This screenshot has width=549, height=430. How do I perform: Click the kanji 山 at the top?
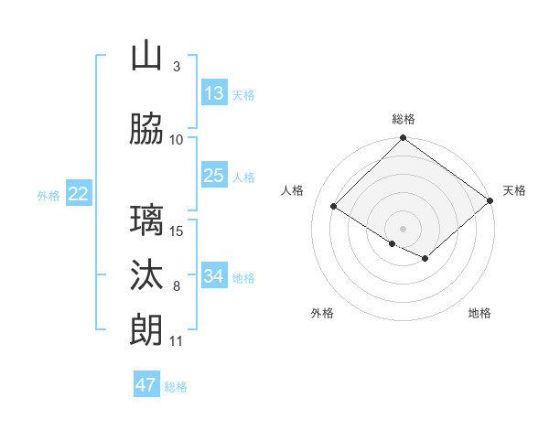coord(146,58)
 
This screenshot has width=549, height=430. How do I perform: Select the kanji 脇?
coord(146,130)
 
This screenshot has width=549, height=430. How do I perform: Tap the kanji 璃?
coord(146,220)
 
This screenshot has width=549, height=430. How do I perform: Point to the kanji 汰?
coord(146,275)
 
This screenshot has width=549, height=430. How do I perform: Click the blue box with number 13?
coord(213,93)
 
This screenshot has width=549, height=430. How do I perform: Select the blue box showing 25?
coord(213,176)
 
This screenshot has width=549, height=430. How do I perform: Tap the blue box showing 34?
coord(213,275)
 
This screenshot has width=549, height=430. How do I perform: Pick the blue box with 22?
coord(79,193)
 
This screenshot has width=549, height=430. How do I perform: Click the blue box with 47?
coord(146,385)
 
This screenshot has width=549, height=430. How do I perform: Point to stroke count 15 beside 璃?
coord(178,231)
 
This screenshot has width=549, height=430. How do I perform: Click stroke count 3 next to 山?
coord(177,67)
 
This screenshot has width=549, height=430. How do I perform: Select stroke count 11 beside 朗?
coord(177,341)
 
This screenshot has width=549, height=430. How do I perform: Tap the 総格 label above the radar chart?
coord(404,119)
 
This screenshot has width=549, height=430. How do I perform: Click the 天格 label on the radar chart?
coord(514,190)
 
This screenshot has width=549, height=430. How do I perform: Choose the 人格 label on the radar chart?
coord(293,190)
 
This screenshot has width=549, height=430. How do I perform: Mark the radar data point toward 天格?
coord(490,200)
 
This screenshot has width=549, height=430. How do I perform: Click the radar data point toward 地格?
coord(425,259)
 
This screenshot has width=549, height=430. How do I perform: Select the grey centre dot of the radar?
coord(403,228)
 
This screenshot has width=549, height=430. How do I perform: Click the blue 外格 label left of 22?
coord(48,195)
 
